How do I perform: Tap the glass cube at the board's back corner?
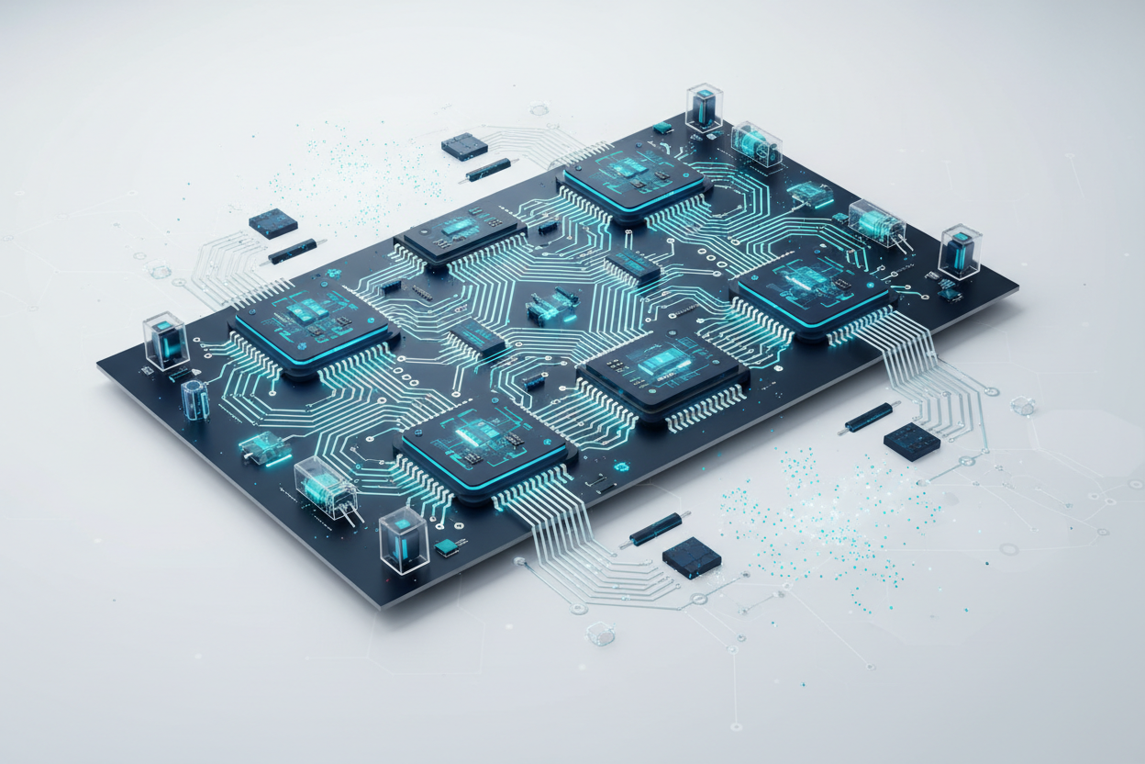(704, 108)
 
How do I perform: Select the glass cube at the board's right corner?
(960, 250)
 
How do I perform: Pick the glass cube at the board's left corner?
(166, 341)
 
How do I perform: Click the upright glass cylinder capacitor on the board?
(195, 400)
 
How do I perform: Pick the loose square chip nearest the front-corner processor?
(691, 557)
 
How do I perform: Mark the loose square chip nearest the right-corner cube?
(911, 441)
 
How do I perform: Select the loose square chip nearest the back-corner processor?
(464, 146)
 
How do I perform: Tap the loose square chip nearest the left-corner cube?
(272, 223)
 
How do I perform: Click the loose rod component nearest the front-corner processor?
(655, 528)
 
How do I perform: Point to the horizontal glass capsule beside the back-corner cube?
(756, 144)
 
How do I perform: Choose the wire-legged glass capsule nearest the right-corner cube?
(876, 221)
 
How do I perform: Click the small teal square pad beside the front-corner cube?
(447, 547)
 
